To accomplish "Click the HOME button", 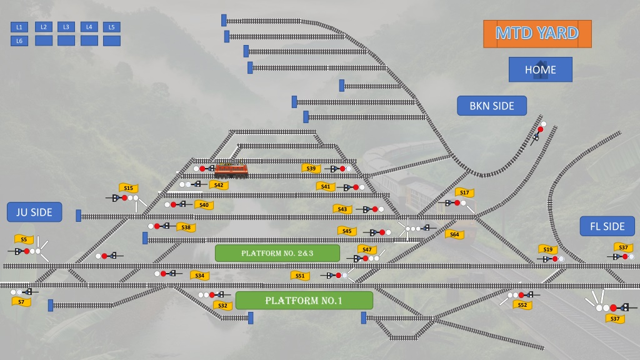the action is tap(541, 69).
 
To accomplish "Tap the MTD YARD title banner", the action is tap(537, 34).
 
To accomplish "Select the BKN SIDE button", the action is tap(492, 106).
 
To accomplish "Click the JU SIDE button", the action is tap(34, 212).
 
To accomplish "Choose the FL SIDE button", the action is tap(607, 226).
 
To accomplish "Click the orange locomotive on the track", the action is tap(231, 170).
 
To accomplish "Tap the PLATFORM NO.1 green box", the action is tap(304, 301).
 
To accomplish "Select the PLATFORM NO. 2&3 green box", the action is tap(277, 253).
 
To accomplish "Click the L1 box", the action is tap(19, 27).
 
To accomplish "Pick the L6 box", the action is tap(19, 41).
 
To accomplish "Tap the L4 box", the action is tap(89, 27).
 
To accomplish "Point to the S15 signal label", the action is tap(129, 187).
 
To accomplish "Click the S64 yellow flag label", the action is tap(454, 234).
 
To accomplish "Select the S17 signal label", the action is tap(464, 192).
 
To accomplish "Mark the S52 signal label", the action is tap(522, 305).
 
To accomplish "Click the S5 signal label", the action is tap(24, 239).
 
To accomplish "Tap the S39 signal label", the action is tap(311, 168).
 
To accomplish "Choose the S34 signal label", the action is tap(199, 276).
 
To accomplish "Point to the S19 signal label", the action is tap(547, 249).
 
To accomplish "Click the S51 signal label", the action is tap(300, 276).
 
